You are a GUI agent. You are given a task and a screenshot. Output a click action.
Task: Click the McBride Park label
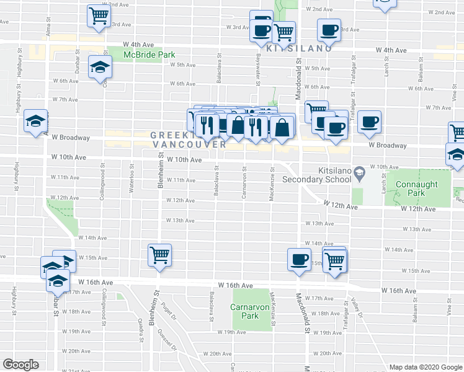(149, 55)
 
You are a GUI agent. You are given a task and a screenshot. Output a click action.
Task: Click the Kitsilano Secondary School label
(317, 174)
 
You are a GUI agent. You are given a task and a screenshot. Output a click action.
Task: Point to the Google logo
(20, 365)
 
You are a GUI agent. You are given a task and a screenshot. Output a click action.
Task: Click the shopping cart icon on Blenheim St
(159, 254)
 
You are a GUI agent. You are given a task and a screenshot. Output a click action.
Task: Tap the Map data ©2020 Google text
(425, 367)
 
